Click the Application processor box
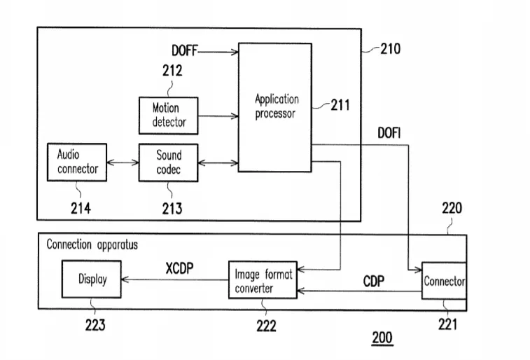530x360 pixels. (x=275, y=107)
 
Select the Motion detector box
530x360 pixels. (x=168, y=116)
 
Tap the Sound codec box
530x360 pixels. (x=168, y=162)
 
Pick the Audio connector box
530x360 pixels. (x=77, y=162)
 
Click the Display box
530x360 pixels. (x=91, y=279)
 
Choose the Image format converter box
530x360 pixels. (x=263, y=280)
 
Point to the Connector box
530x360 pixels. (x=444, y=281)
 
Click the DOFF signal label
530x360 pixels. (x=184, y=50)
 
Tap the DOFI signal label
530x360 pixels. (x=389, y=133)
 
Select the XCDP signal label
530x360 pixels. (x=179, y=268)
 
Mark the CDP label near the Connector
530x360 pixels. (x=373, y=282)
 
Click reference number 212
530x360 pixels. (x=172, y=71)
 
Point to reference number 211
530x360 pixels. (x=340, y=105)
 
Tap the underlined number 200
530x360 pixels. (x=382, y=338)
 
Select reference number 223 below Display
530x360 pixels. (x=95, y=325)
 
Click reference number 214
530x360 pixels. (x=81, y=208)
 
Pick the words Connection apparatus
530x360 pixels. (x=92, y=244)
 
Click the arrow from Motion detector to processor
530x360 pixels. (x=218, y=116)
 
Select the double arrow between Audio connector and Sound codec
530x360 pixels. (x=123, y=162)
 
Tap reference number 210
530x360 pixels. (x=391, y=49)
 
